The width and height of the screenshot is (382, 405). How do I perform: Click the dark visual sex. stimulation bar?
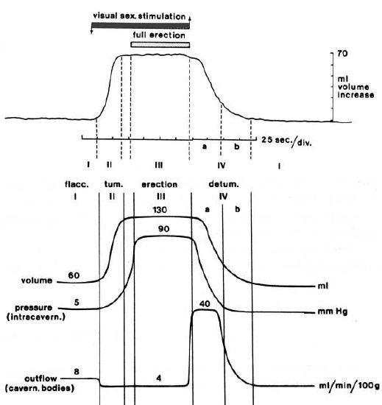pos(141,26)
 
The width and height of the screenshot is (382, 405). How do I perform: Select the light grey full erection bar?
pos(160,45)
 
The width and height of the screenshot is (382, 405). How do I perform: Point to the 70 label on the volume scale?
pos(342,54)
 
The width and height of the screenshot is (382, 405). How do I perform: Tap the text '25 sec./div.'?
pos(286,141)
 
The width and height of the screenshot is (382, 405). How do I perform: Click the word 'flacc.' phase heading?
pos(77,184)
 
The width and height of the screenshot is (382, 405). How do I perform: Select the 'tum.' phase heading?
pos(113,184)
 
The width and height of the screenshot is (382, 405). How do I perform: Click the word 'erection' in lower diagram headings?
pos(159,184)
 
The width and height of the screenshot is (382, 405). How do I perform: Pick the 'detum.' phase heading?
pos(224,184)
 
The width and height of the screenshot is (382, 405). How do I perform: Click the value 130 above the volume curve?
pos(160,210)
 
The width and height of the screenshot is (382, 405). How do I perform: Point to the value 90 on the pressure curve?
pos(163,229)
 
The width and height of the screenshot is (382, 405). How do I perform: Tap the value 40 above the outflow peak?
pos(205,304)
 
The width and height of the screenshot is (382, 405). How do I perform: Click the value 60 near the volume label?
pos(74,275)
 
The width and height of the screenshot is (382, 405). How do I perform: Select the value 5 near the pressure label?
pos(77,303)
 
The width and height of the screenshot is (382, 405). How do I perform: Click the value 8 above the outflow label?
pos(77,372)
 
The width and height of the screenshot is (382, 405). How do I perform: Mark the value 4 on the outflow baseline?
pos(159,378)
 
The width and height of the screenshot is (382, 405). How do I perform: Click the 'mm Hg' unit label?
pos(333,311)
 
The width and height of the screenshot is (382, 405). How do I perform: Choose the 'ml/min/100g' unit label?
pos(349,386)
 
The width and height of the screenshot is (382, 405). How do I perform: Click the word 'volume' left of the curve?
pos(37,281)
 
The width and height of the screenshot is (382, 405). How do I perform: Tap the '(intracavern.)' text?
pos(36,317)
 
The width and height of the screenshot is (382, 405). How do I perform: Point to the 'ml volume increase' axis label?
pos(356,87)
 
